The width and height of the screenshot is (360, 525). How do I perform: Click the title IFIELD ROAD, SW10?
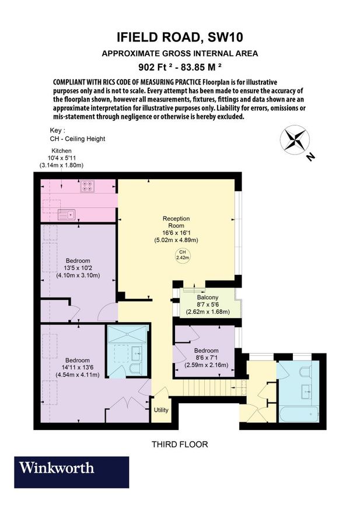[180, 38]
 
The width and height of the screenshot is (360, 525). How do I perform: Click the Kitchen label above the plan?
[61, 150]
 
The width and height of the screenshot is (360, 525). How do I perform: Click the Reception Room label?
[176, 222]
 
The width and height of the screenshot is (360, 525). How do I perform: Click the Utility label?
[160, 409]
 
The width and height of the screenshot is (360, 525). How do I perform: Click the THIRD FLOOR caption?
[180, 444]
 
